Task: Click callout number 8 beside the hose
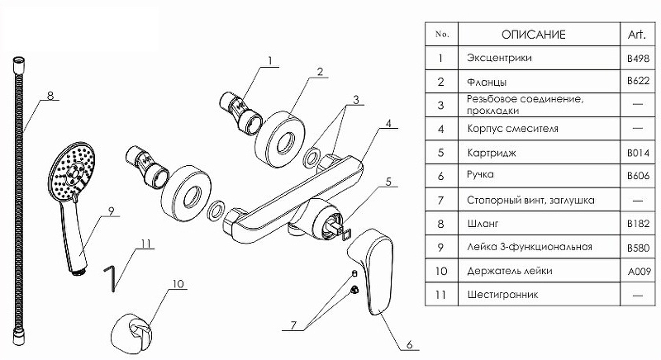50,97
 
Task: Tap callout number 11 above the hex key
145,244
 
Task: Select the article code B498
636,59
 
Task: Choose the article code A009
636,270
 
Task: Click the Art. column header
636,35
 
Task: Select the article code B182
636,223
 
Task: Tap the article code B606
636,176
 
